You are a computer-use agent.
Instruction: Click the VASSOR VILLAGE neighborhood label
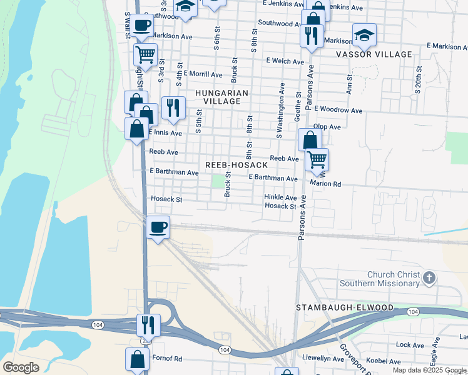(x=374, y=54)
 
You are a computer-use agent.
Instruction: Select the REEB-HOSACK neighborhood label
(x=237, y=165)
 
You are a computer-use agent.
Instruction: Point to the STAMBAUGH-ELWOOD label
(x=345, y=308)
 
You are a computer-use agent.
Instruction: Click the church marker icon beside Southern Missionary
(x=429, y=278)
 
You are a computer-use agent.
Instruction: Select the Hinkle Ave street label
(x=280, y=197)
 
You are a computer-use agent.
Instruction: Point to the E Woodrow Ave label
(x=338, y=111)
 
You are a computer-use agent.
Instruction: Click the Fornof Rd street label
(x=166, y=359)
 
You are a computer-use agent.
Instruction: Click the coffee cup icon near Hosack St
(x=158, y=226)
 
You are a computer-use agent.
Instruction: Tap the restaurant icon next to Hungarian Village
(x=173, y=107)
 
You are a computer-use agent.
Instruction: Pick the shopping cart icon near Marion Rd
(x=317, y=159)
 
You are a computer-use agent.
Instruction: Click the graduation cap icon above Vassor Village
(x=364, y=36)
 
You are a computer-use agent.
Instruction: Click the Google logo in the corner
(x=21, y=367)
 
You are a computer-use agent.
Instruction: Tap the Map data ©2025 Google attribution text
(x=430, y=370)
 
